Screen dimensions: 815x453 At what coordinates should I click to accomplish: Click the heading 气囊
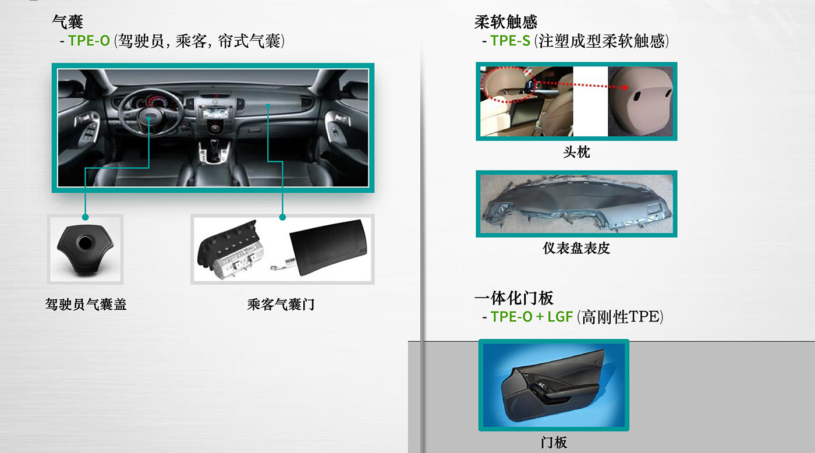(x=68, y=22)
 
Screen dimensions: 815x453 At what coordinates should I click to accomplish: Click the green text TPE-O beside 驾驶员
(x=88, y=41)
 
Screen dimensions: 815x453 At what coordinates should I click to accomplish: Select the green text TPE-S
(x=510, y=41)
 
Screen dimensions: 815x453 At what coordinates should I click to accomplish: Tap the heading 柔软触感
(x=506, y=22)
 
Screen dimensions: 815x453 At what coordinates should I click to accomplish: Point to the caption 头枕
(x=576, y=152)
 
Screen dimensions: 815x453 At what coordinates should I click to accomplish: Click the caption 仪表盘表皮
(x=576, y=248)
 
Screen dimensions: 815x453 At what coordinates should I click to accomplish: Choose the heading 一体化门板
(x=513, y=298)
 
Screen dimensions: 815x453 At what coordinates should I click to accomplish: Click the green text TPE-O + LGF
(x=531, y=317)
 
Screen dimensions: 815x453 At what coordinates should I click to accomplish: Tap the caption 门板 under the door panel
(x=554, y=443)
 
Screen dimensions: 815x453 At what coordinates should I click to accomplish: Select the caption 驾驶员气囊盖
(x=86, y=304)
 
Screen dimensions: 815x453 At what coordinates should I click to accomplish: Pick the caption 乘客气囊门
(x=281, y=304)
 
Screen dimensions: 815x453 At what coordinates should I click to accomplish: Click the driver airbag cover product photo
(x=86, y=249)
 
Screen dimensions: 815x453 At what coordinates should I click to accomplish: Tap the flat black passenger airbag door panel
(x=328, y=247)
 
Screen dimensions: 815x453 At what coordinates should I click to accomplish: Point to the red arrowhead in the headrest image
(x=625, y=87)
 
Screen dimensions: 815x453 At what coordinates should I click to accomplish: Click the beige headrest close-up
(x=641, y=101)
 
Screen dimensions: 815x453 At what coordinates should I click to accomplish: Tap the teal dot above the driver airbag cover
(x=85, y=217)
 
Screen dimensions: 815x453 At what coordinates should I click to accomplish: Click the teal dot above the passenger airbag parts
(x=282, y=217)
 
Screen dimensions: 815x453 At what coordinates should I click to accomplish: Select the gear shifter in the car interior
(x=214, y=149)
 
